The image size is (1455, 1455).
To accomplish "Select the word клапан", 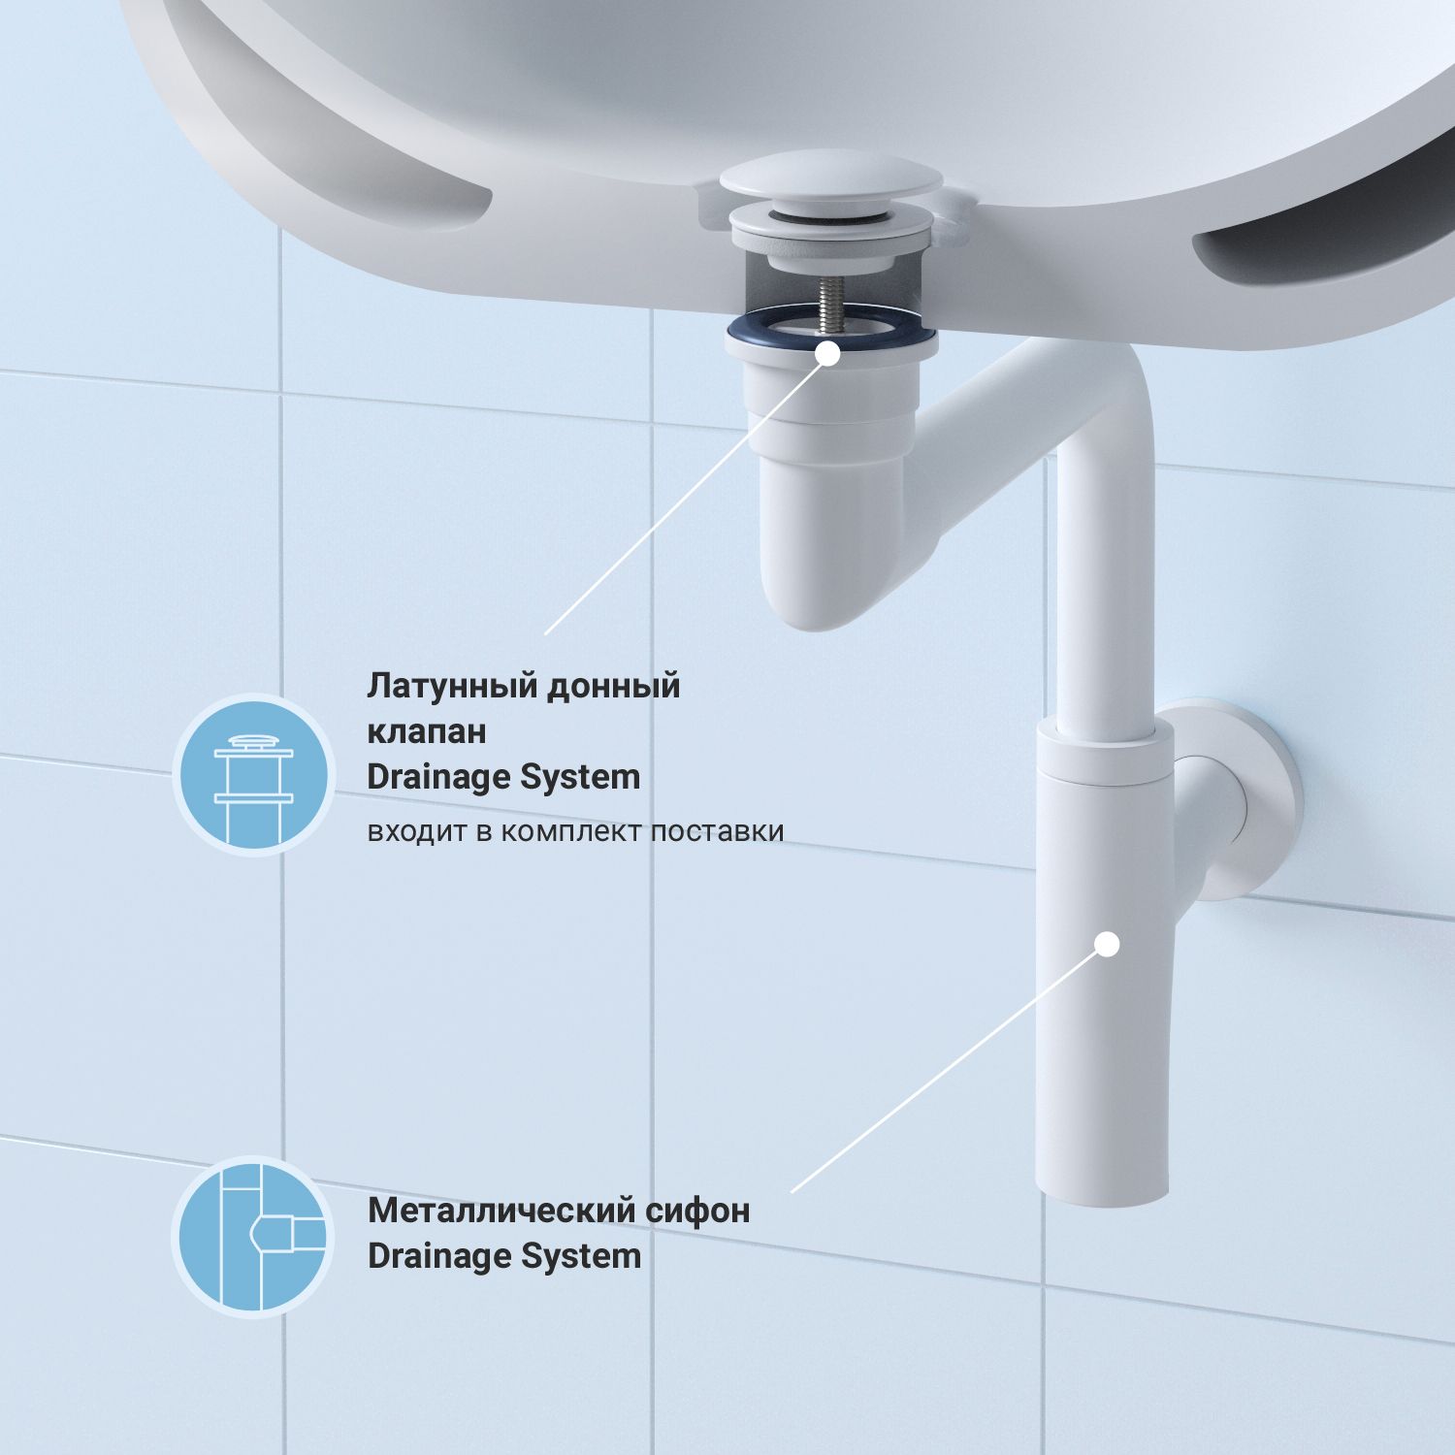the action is (427, 731).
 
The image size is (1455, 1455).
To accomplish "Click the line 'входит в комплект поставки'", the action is (575, 832).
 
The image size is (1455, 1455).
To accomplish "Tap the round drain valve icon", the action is (254, 775).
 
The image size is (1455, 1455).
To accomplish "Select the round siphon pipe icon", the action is (254, 1237).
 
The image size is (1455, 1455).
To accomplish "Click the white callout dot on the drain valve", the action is (827, 354).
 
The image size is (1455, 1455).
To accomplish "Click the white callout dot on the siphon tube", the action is (1107, 943).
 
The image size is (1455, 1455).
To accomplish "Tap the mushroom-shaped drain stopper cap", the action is (831, 180).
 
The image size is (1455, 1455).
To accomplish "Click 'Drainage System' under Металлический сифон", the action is (504, 1256).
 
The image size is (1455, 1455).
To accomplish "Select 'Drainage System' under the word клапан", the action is (504, 777).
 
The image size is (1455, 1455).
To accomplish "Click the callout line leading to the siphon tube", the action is (949, 1068).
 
